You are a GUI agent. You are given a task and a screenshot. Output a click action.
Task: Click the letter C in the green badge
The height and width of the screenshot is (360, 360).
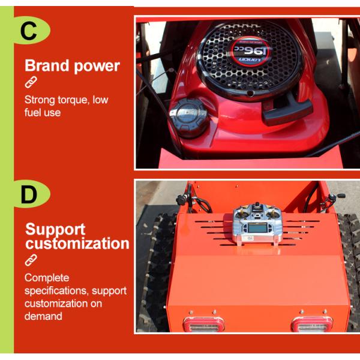coord(29,31)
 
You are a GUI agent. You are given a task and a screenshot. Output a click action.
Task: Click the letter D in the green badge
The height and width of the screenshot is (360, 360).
coord(29,195)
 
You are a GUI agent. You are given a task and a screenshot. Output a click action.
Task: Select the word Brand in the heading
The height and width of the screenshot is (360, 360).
coord(46,66)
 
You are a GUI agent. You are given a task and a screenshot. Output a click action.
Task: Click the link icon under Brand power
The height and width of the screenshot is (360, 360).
coord(31,83)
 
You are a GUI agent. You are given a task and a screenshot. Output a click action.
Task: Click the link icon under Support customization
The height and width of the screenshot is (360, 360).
coord(31,260)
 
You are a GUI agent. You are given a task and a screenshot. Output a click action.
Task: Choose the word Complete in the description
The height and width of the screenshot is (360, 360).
coord(47,278)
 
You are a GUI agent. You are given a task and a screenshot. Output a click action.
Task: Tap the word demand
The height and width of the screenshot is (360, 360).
coord(43,316)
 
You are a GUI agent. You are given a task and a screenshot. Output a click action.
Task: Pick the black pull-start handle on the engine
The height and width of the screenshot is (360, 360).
coord(287,111)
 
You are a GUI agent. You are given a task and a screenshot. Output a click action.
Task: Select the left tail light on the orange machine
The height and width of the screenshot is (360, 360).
coord(203,325)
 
